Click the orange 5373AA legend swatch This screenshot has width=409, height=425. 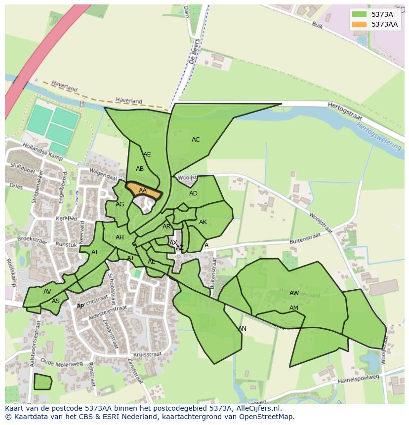[360, 24]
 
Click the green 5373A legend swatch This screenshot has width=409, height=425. [360, 14]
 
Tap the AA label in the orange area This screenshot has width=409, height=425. [143, 191]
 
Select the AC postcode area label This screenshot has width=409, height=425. [196, 140]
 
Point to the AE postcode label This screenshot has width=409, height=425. [147, 155]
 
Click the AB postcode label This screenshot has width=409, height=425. [140, 169]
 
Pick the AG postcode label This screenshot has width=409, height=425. [120, 204]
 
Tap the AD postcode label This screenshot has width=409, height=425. [193, 193]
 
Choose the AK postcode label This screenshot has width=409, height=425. [203, 222]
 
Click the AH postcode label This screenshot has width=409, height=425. [120, 237]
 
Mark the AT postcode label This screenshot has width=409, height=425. [95, 252]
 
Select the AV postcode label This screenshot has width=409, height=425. [47, 292]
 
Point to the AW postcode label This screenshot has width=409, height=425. [294, 293]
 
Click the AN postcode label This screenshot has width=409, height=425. [242, 329]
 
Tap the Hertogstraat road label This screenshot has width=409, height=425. [345, 112]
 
